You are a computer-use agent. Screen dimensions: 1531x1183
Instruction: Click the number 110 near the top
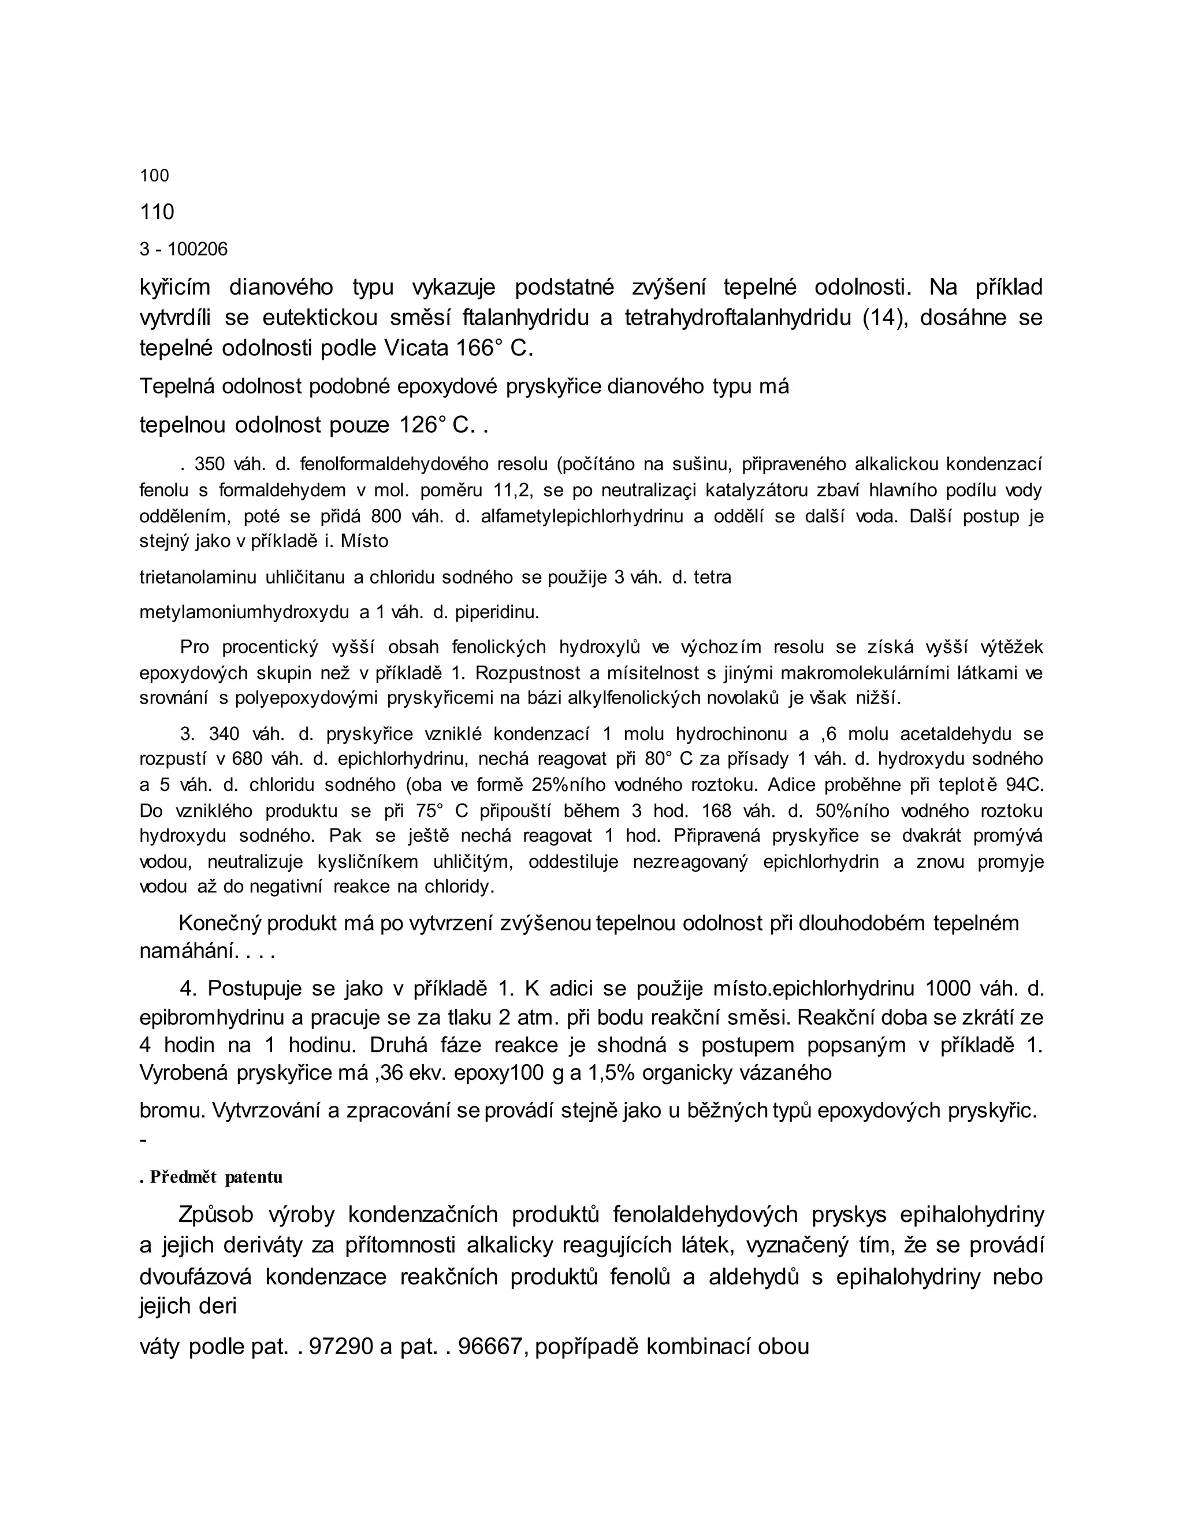(157, 211)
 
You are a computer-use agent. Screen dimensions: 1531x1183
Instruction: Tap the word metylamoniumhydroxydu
(244, 612)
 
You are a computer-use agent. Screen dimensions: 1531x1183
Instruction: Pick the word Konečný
(220, 923)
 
